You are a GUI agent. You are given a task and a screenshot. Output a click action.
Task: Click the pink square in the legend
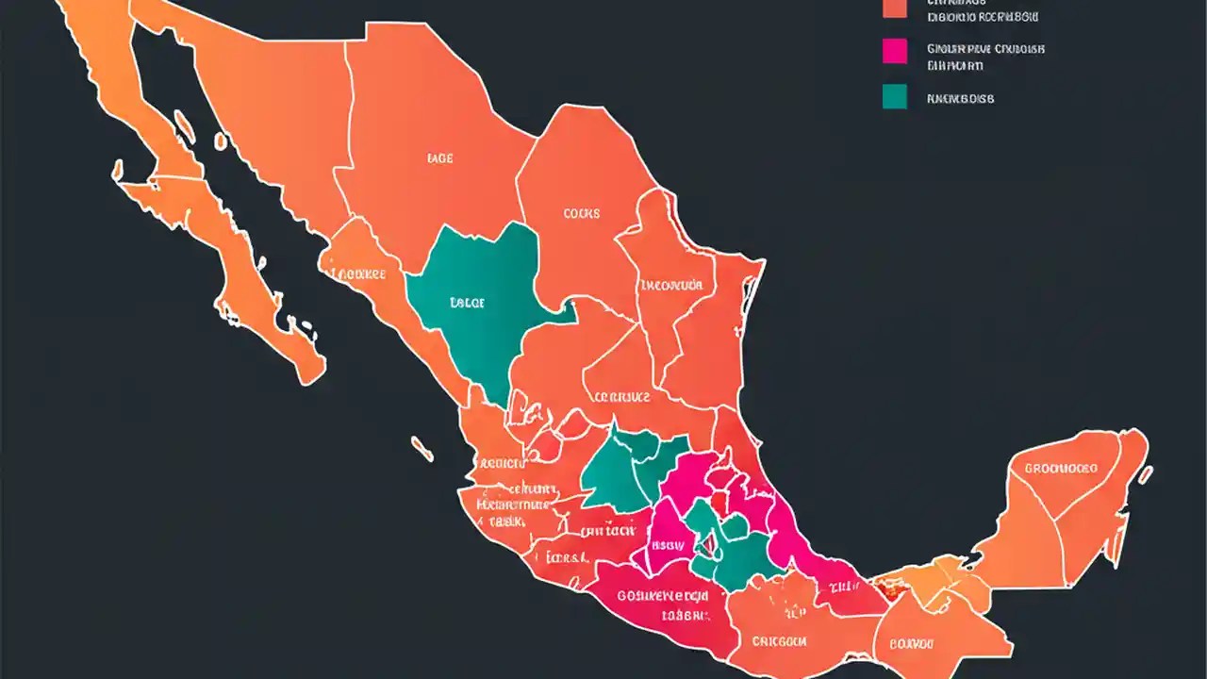pos(894,51)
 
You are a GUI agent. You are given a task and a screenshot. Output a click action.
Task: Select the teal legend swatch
pos(894,96)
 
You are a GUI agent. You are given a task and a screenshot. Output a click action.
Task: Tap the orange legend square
pos(894,8)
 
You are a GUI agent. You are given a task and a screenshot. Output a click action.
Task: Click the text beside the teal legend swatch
pos(960,98)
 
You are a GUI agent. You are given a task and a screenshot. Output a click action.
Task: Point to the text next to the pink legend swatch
pos(985,57)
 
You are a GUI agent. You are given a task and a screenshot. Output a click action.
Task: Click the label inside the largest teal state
pos(467,304)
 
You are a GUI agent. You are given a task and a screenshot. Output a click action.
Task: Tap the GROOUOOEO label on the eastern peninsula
pos(1061,468)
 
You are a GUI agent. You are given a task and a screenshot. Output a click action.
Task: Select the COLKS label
pos(581,214)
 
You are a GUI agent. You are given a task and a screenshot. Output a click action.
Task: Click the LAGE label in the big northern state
pos(439,159)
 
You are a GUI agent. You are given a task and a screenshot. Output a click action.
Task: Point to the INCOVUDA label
pos(670,285)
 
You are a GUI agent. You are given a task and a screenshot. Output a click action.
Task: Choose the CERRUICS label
pos(620,397)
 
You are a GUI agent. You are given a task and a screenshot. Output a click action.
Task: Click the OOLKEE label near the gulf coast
pos(362,274)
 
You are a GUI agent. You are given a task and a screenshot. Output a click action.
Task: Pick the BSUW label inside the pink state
pos(669,544)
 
